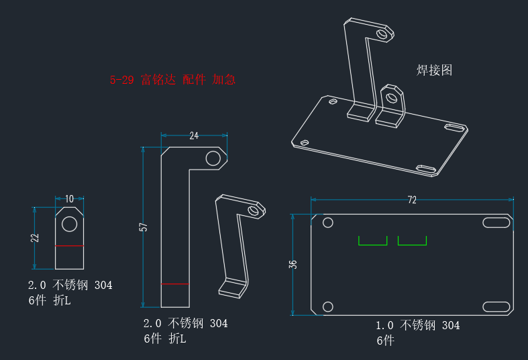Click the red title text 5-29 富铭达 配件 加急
[172, 80]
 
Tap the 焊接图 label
[434, 70]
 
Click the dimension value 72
[412, 200]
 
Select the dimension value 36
[293, 264]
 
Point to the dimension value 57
[144, 227]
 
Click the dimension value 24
[194, 135]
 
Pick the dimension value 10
[69, 199]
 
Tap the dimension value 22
[35, 238]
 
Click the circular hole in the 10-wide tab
[69, 224]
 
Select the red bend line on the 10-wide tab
[69, 246]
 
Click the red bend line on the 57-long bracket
[175, 284]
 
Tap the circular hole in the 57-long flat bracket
[213, 158]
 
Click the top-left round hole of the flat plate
[328, 223]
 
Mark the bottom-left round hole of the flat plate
[328, 307]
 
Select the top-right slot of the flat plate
[496, 223]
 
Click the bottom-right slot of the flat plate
[496, 307]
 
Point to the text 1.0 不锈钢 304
[417, 325]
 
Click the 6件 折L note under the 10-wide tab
[50, 300]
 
